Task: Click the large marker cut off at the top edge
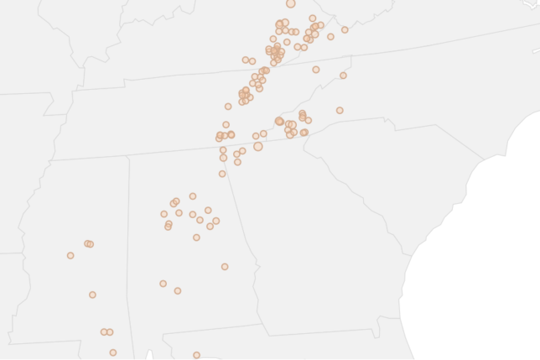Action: [x=291, y=3]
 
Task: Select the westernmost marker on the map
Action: [x=70, y=255]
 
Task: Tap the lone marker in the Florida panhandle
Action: [x=196, y=355]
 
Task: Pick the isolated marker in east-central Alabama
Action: [x=225, y=267]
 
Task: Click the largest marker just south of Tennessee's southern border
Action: [x=258, y=147]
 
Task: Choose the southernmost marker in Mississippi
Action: [x=113, y=352]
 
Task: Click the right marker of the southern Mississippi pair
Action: [x=110, y=332]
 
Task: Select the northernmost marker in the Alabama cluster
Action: [x=193, y=196]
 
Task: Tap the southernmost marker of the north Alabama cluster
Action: [x=196, y=237]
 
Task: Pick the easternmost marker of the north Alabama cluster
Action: [x=215, y=221]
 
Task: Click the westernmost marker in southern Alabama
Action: [x=163, y=284]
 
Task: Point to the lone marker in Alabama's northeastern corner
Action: [x=222, y=174]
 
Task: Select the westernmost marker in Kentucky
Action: [x=246, y=60]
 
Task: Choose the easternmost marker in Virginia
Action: [x=345, y=30]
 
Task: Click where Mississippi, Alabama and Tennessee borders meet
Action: [x=127, y=156]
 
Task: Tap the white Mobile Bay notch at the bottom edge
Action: [x=148, y=356]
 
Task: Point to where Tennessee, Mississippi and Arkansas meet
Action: [x=50, y=160]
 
